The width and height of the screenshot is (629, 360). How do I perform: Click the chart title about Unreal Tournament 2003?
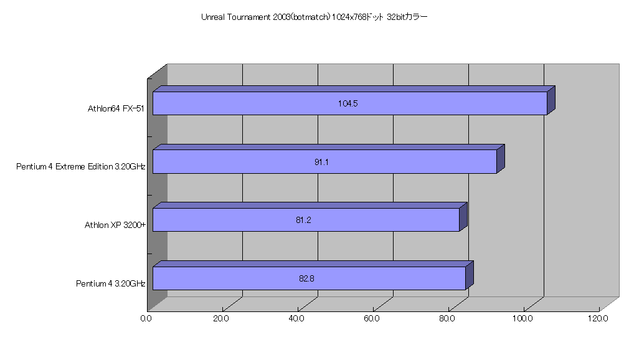pyautogui.click(x=314, y=17)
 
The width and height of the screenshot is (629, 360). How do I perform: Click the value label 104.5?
pyautogui.click(x=348, y=103)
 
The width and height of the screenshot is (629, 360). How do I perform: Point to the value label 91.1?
pyautogui.click(x=321, y=162)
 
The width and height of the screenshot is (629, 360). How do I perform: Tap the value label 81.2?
pyautogui.click(x=303, y=220)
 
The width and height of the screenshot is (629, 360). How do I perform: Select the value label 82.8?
pyautogui.click(x=306, y=278)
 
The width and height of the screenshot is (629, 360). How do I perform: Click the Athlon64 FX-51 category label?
pyautogui.click(x=116, y=109)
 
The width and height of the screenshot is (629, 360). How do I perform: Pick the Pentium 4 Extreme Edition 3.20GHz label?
pyautogui.click(x=80, y=166)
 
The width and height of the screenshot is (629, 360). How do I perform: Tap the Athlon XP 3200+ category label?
pyautogui.click(x=115, y=225)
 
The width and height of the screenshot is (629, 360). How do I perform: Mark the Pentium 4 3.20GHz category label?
pyautogui.click(x=111, y=284)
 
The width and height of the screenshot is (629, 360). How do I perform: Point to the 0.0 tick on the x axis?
pyautogui.click(x=146, y=319)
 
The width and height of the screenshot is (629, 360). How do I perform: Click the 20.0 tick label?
pyautogui.click(x=221, y=319)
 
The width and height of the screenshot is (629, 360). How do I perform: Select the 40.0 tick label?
pyautogui.click(x=296, y=319)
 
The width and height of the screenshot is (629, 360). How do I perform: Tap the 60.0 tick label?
pyautogui.click(x=372, y=319)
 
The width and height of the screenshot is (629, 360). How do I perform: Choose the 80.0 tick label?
pyautogui.click(x=447, y=319)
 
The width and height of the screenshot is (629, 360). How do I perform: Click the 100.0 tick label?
pyautogui.click(x=523, y=319)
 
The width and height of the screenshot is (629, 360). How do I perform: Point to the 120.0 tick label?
pyautogui.click(x=598, y=319)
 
